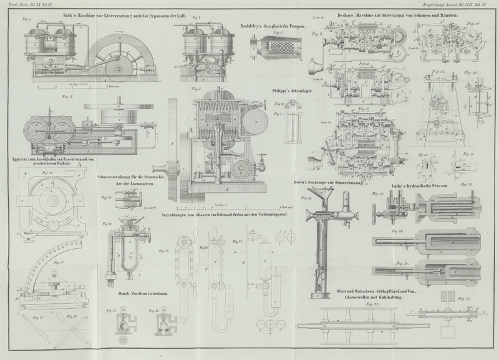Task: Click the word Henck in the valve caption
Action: [125, 292]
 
